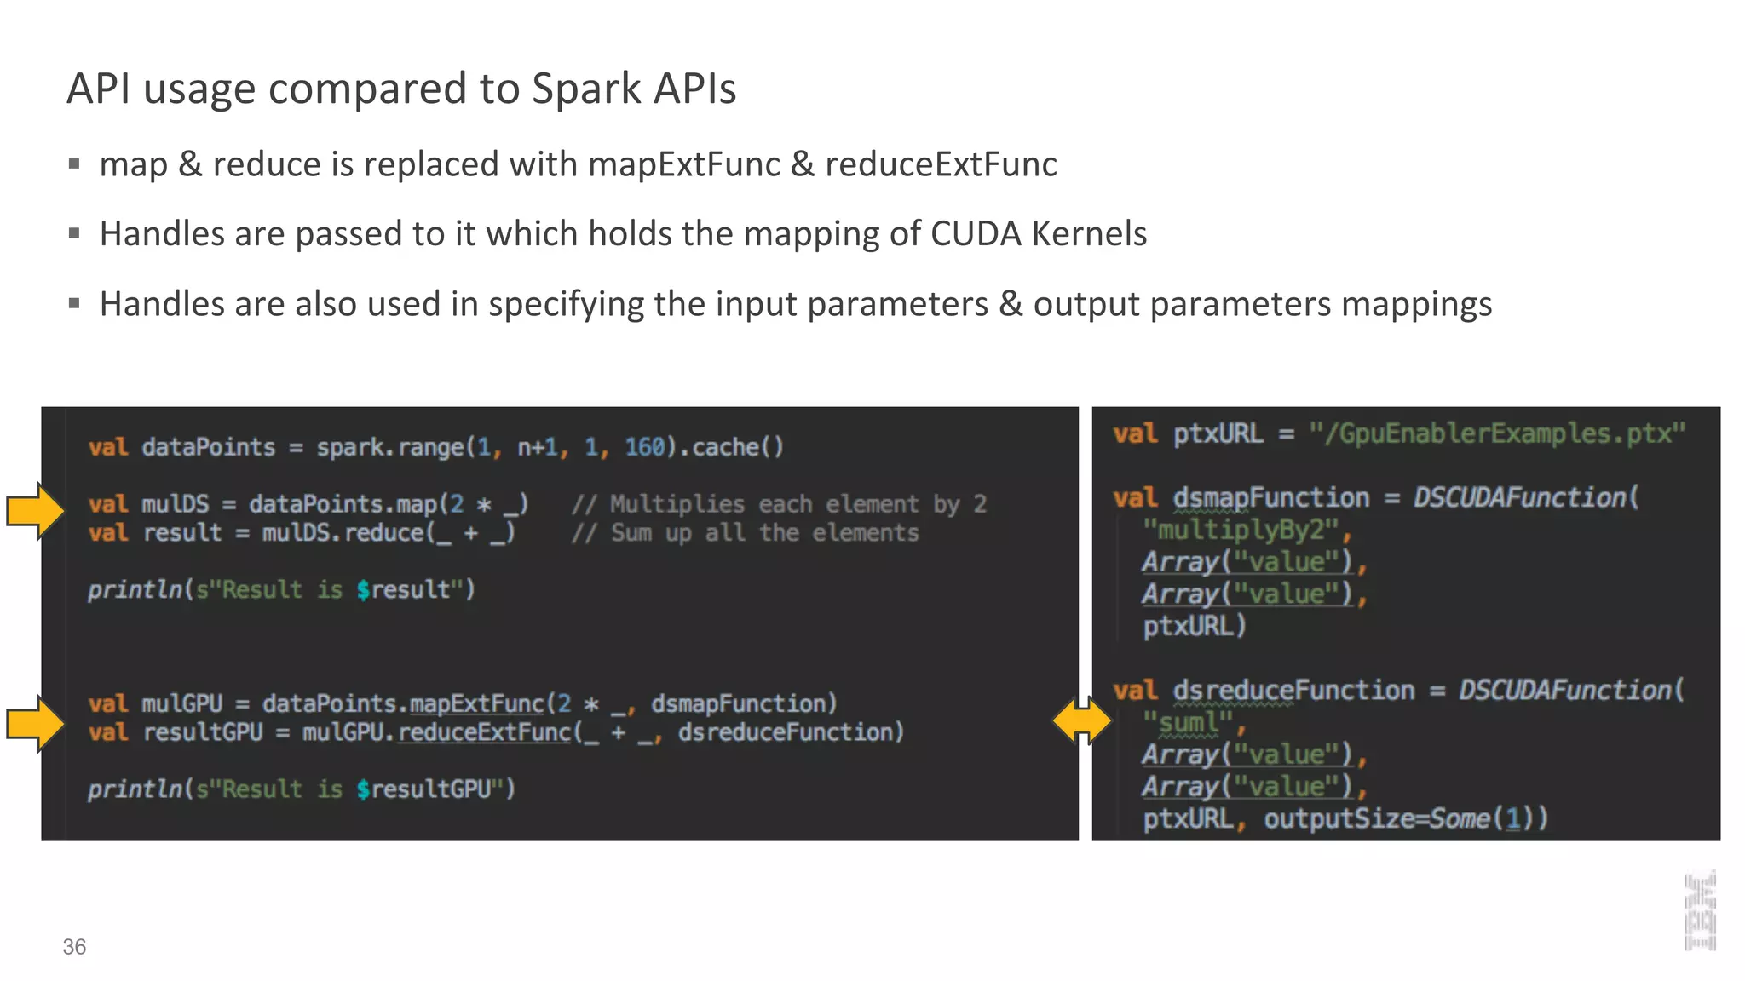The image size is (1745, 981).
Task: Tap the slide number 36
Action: tap(74, 947)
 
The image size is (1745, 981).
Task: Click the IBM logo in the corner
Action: tap(1700, 911)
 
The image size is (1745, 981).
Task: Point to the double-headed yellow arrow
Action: tap(1082, 720)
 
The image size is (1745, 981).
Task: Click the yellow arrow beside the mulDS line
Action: tap(36, 511)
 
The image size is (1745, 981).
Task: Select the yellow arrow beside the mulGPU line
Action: tap(36, 723)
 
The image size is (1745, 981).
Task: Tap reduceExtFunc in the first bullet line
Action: tap(941, 164)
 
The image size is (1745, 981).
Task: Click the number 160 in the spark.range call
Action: tap(644, 447)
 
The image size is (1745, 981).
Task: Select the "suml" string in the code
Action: tap(1188, 722)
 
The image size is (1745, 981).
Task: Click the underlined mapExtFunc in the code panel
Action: tap(476, 703)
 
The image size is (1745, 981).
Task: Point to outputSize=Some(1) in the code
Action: tap(1405, 818)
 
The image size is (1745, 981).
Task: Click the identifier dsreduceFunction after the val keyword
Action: tap(1293, 690)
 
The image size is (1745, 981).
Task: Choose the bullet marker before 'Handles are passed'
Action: tap(74, 233)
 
